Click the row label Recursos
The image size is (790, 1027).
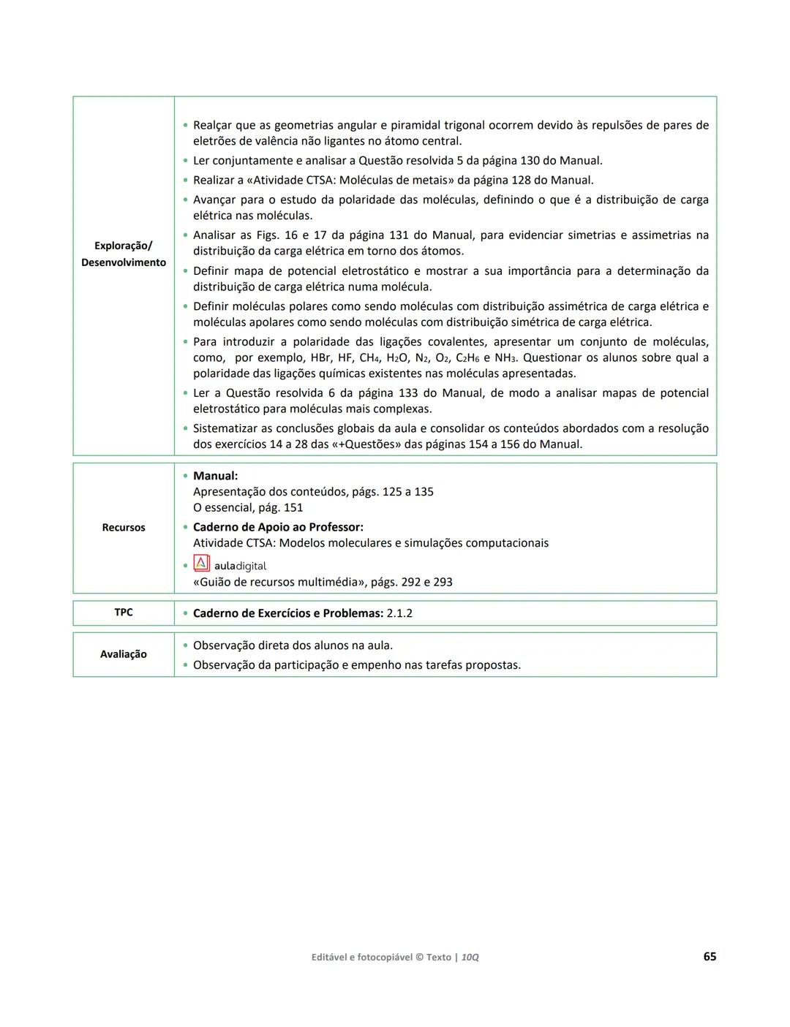(124, 528)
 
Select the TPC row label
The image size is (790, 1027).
(124, 613)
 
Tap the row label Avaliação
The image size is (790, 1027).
(124, 654)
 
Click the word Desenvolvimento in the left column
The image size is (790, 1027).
(124, 262)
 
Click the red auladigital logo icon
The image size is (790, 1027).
(201, 564)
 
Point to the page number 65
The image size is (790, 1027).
(709, 957)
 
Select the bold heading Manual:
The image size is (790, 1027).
(215, 476)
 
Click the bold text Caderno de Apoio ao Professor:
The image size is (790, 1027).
(278, 527)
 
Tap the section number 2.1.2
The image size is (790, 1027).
(399, 613)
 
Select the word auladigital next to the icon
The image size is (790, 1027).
(240, 566)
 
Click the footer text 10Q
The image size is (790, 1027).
(470, 958)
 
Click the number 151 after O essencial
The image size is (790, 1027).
(293, 508)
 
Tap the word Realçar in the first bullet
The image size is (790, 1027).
(211, 125)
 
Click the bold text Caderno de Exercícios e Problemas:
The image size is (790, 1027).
(287, 613)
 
